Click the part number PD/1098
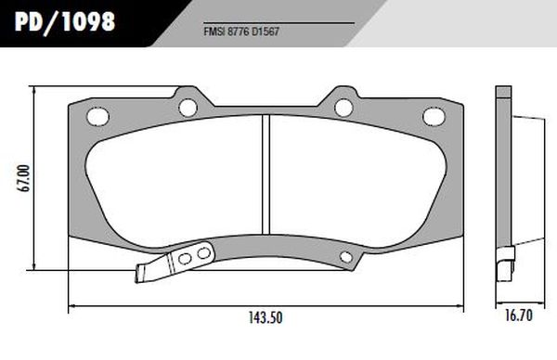tap(64, 19)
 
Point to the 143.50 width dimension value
tap(265, 318)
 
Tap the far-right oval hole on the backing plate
tap(434, 116)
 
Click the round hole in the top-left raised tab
tap(188, 106)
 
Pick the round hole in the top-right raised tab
tap(343, 107)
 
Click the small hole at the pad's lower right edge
tap(346, 257)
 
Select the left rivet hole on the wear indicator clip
tap(184, 259)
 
